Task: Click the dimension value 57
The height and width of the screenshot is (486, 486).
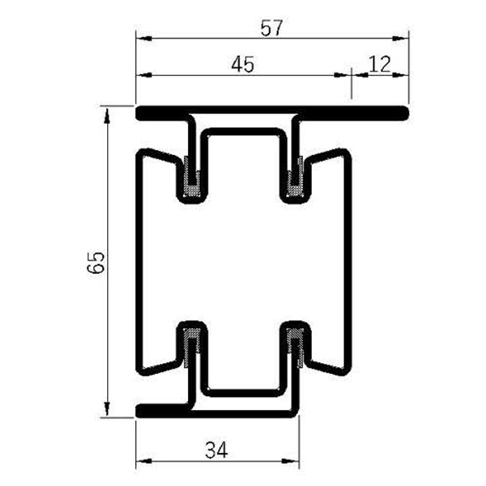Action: tap(271, 28)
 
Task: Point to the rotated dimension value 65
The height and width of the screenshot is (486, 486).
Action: tap(96, 263)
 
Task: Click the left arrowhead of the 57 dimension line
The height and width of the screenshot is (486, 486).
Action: tap(140, 37)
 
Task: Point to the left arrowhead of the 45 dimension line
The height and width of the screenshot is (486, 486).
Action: tap(140, 75)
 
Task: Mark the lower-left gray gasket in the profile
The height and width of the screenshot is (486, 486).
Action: tap(192, 344)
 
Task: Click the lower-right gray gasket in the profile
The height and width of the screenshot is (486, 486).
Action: tap(295, 344)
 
